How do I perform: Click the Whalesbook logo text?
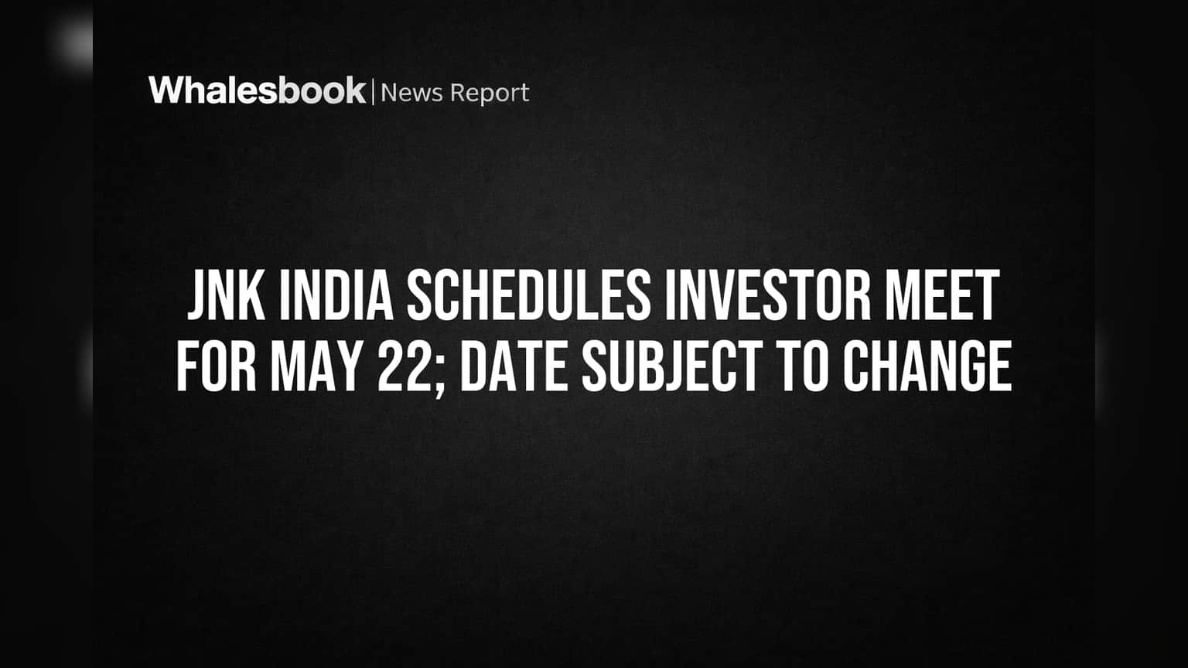click(258, 90)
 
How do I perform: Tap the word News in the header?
click(411, 93)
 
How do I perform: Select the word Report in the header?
click(490, 94)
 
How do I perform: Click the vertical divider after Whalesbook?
click(374, 91)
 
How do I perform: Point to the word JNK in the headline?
click(227, 295)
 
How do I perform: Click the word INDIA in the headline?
click(336, 295)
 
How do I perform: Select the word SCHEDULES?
click(529, 295)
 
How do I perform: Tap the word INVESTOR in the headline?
click(768, 295)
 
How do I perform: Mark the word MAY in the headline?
click(317, 366)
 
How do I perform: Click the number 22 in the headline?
click(404, 366)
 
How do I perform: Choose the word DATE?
click(514, 366)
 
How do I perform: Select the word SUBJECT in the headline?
click(672, 366)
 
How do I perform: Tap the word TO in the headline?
click(802, 366)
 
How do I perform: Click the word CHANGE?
click(927, 366)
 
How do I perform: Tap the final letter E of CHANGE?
click(1000, 366)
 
